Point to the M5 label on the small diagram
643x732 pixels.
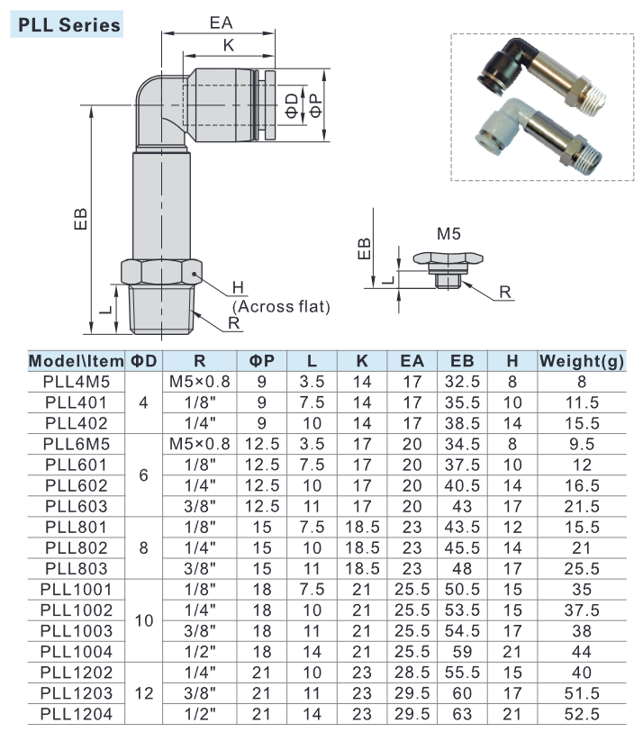click(448, 233)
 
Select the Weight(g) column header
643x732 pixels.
click(582, 361)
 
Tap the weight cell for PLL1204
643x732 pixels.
click(582, 715)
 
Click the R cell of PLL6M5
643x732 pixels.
click(200, 444)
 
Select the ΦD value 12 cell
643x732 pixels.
click(144, 694)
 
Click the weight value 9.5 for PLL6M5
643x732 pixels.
click(582, 444)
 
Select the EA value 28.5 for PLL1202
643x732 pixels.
click(412, 673)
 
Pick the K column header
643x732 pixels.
click(362, 361)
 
